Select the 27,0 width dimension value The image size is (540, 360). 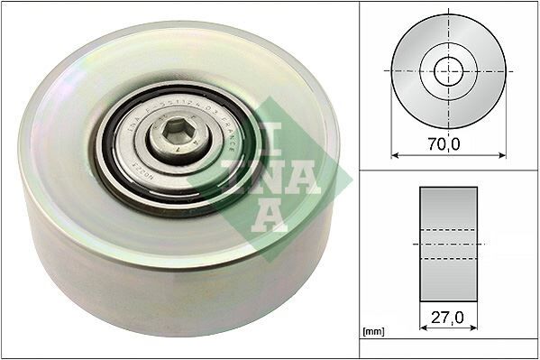448,317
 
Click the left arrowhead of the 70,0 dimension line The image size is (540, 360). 394,154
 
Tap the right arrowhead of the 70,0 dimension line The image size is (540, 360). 503,154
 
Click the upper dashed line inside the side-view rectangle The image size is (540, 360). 448,229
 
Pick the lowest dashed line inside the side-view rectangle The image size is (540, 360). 448,258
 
